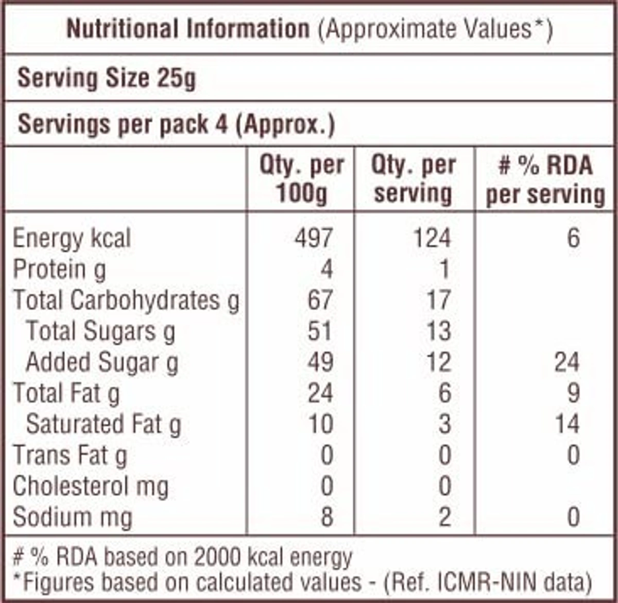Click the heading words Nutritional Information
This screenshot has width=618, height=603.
click(188, 29)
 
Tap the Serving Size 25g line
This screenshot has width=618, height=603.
click(107, 79)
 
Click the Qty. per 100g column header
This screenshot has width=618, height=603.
click(301, 180)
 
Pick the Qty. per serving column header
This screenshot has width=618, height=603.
click(414, 180)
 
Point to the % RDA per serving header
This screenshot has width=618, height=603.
click(545, 180)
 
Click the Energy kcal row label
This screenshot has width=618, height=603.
click(72, 239)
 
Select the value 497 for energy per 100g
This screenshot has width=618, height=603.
click(314, 239)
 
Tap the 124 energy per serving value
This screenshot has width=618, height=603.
click(432, 239)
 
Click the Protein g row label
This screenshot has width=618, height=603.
click(59, 270)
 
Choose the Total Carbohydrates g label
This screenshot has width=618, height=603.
click(126, 300)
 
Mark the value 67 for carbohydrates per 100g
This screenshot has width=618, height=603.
click(320, 300)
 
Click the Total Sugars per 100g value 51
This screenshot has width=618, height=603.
click(320, 331)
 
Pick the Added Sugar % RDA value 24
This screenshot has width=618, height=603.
click(566, 362)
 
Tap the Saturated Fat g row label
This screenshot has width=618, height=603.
click(103, 425)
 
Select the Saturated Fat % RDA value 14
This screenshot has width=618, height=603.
click(566, 425)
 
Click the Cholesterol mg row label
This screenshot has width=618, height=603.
click(90, 487)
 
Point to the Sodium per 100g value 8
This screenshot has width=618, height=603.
click(327, 517)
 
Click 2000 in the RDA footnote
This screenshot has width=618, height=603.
click(218, 557)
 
